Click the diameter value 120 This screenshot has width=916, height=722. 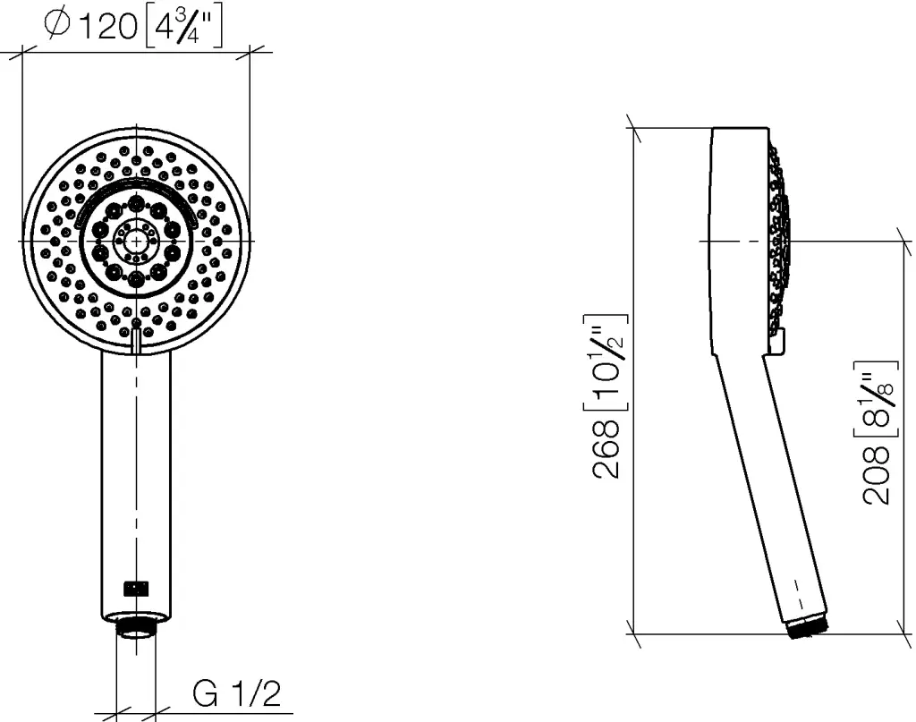107,27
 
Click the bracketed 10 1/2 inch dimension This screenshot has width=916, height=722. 605,362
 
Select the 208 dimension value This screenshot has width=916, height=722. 877,475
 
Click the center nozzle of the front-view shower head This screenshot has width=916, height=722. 136,240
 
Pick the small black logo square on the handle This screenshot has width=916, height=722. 136,588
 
